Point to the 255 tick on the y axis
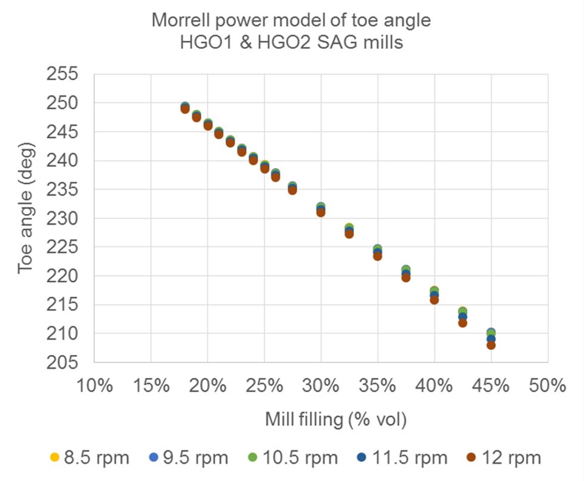61,75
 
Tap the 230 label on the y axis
61,218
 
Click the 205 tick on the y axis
61,362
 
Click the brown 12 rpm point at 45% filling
491,345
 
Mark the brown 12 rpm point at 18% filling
185,109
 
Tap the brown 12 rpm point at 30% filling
321,212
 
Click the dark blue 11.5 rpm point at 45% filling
491,339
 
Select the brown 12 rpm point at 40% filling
434,300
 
